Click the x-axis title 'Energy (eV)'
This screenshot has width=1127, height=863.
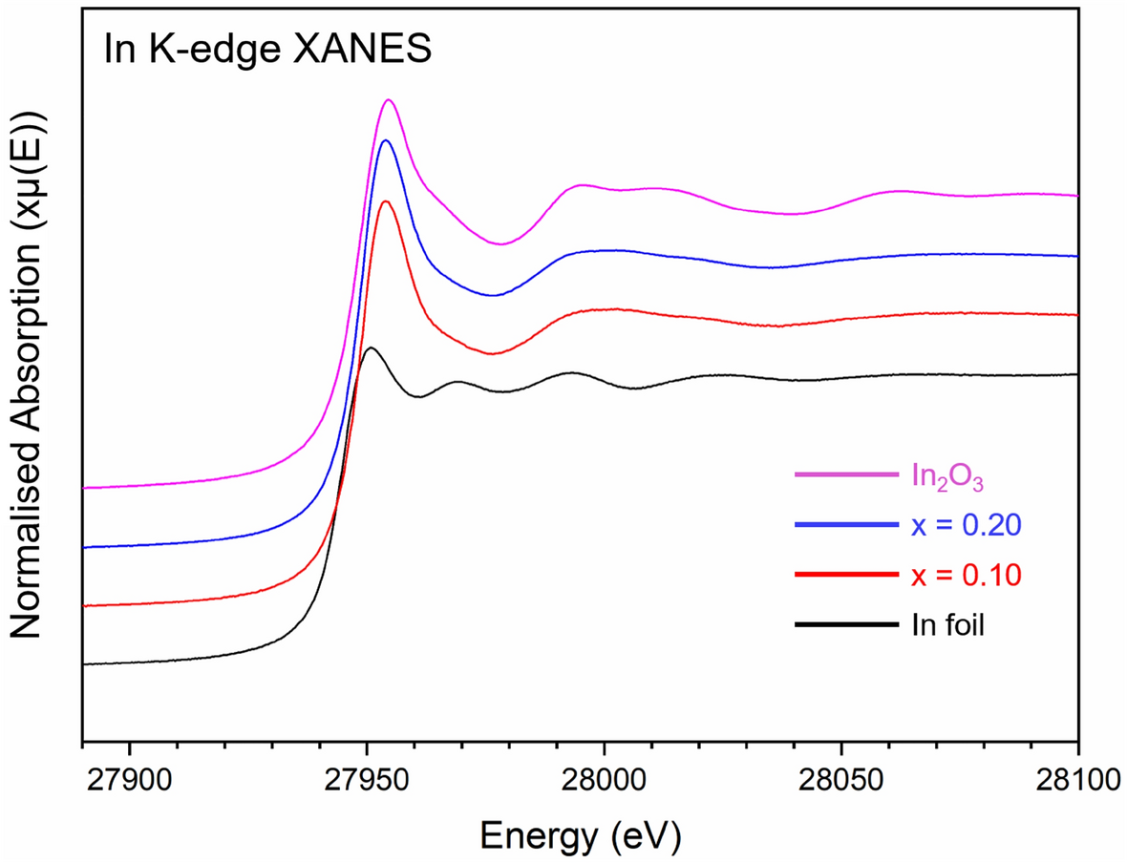580,835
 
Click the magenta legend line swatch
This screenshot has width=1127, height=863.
846,474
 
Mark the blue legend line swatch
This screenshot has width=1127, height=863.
846,525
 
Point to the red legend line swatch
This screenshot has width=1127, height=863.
846,575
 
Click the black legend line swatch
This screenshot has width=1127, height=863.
846,625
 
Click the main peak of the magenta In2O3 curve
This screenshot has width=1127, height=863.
388,100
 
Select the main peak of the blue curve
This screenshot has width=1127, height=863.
386,140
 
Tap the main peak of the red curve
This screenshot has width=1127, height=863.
386,201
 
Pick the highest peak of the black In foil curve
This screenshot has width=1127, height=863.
371,348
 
